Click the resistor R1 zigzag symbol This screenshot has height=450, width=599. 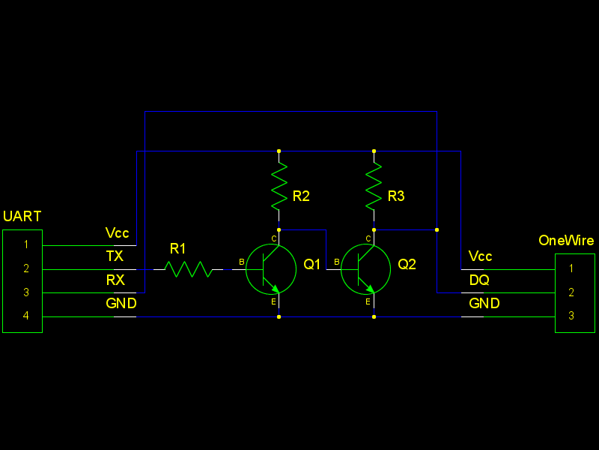click(x=188, y=269)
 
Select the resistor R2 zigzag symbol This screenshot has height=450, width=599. click(x=279, y=186)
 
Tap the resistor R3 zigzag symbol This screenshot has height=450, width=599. click(x=374, y=186)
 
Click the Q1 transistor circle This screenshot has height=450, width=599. click(x=271, y=269)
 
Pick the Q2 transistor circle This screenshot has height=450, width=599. click(x=365, y=269)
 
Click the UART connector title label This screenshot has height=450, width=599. click(x=22, y=217)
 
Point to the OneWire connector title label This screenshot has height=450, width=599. click(x=566, y=241)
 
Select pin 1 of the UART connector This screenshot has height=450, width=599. click(x=26, y=244)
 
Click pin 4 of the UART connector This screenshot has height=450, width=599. click(x=26, y=316)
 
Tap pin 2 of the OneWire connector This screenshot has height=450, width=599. click(x=571, y=292)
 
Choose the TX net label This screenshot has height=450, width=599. click(x=115, y=256)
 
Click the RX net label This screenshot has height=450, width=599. click(x=115, y=280)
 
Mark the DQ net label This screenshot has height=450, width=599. click(x=479, y=280)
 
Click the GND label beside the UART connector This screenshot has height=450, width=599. click(x=121, y=304)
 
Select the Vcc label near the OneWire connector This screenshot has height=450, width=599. click(x=481, y=256)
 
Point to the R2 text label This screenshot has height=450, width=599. click(x=301, y=196)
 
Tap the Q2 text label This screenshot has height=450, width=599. click(x=407, y=265)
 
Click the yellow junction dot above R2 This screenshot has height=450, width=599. click(x=279, y=151)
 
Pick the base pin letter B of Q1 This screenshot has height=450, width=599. click(x=242, y=262)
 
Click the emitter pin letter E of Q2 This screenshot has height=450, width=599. click(x=368, y=302)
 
